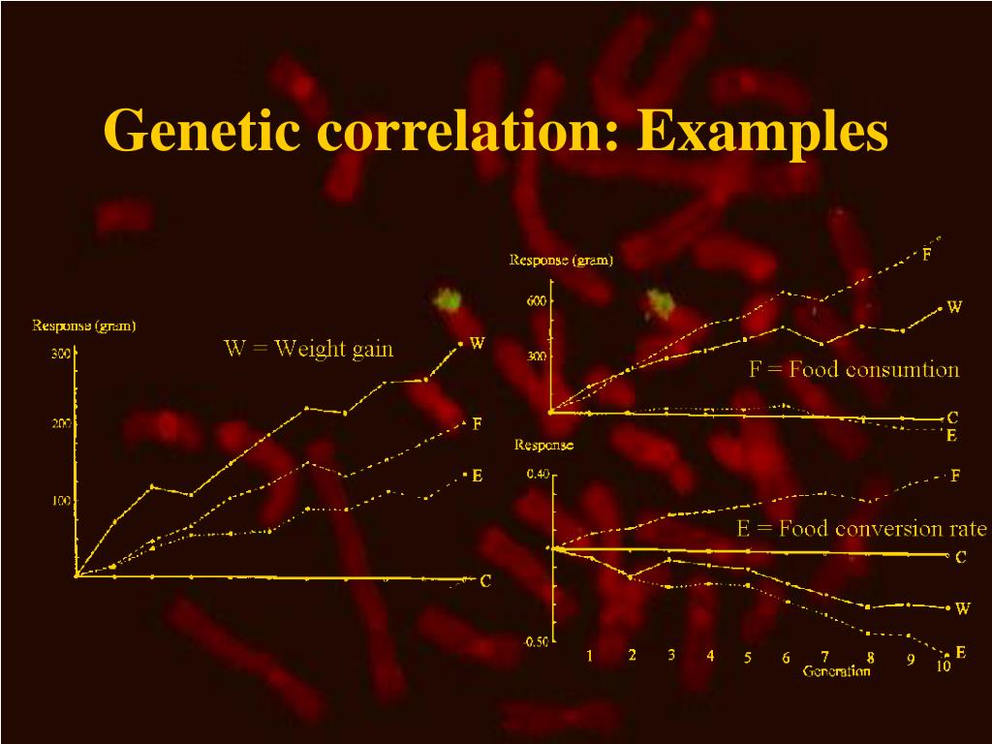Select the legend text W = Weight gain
tap(309, 349)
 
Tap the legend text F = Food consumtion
tap(853, 369)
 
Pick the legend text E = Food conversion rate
tap(861, 529)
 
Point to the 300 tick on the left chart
tap(59, 355)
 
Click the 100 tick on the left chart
tap(59, 501)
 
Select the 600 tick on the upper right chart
tap(537, 300)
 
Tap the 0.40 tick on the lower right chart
tap(537, 475)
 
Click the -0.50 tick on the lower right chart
tap(536, 641)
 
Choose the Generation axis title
tap(836, 671)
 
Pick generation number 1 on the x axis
tap(589, 656)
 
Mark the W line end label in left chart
tap(477, 343)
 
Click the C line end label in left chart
tap(486, 581)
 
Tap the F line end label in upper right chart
tap(927, 256)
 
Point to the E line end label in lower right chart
tap(960, 653)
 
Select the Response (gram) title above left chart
tap(84, 325)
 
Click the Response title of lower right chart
tap(542, 445)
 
